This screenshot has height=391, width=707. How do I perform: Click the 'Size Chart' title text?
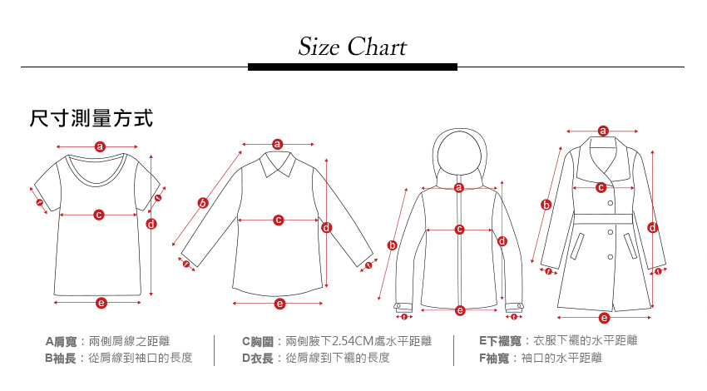(x=353, y=47)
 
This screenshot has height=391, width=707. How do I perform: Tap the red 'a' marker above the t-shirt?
(x=100, y=146)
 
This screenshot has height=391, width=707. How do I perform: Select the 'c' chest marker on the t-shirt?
(x=98, y=215)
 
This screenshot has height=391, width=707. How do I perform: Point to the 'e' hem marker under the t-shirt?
(x=101, y=303)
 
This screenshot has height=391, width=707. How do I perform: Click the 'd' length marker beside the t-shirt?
(x=151, y=224)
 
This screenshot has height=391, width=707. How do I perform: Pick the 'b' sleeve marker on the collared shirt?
(x=202, y=202)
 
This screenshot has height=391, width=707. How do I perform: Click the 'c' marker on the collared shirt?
(x=278, y=220)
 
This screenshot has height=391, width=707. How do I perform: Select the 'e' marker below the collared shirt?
(x=279, y=304)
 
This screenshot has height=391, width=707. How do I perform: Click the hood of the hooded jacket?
(x=458, y=154)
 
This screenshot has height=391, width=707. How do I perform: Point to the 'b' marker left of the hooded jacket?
(x=392, y=245)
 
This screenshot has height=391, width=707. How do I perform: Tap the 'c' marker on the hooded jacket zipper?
(x=459, y=229)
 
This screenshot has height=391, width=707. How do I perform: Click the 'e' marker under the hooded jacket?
(x=460, y=310)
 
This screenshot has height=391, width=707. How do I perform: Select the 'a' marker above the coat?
(x=603, y=131)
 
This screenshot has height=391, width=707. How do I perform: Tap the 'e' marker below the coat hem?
(x=604, y=317)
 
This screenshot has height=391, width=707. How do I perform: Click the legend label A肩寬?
(x=61, y=342)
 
